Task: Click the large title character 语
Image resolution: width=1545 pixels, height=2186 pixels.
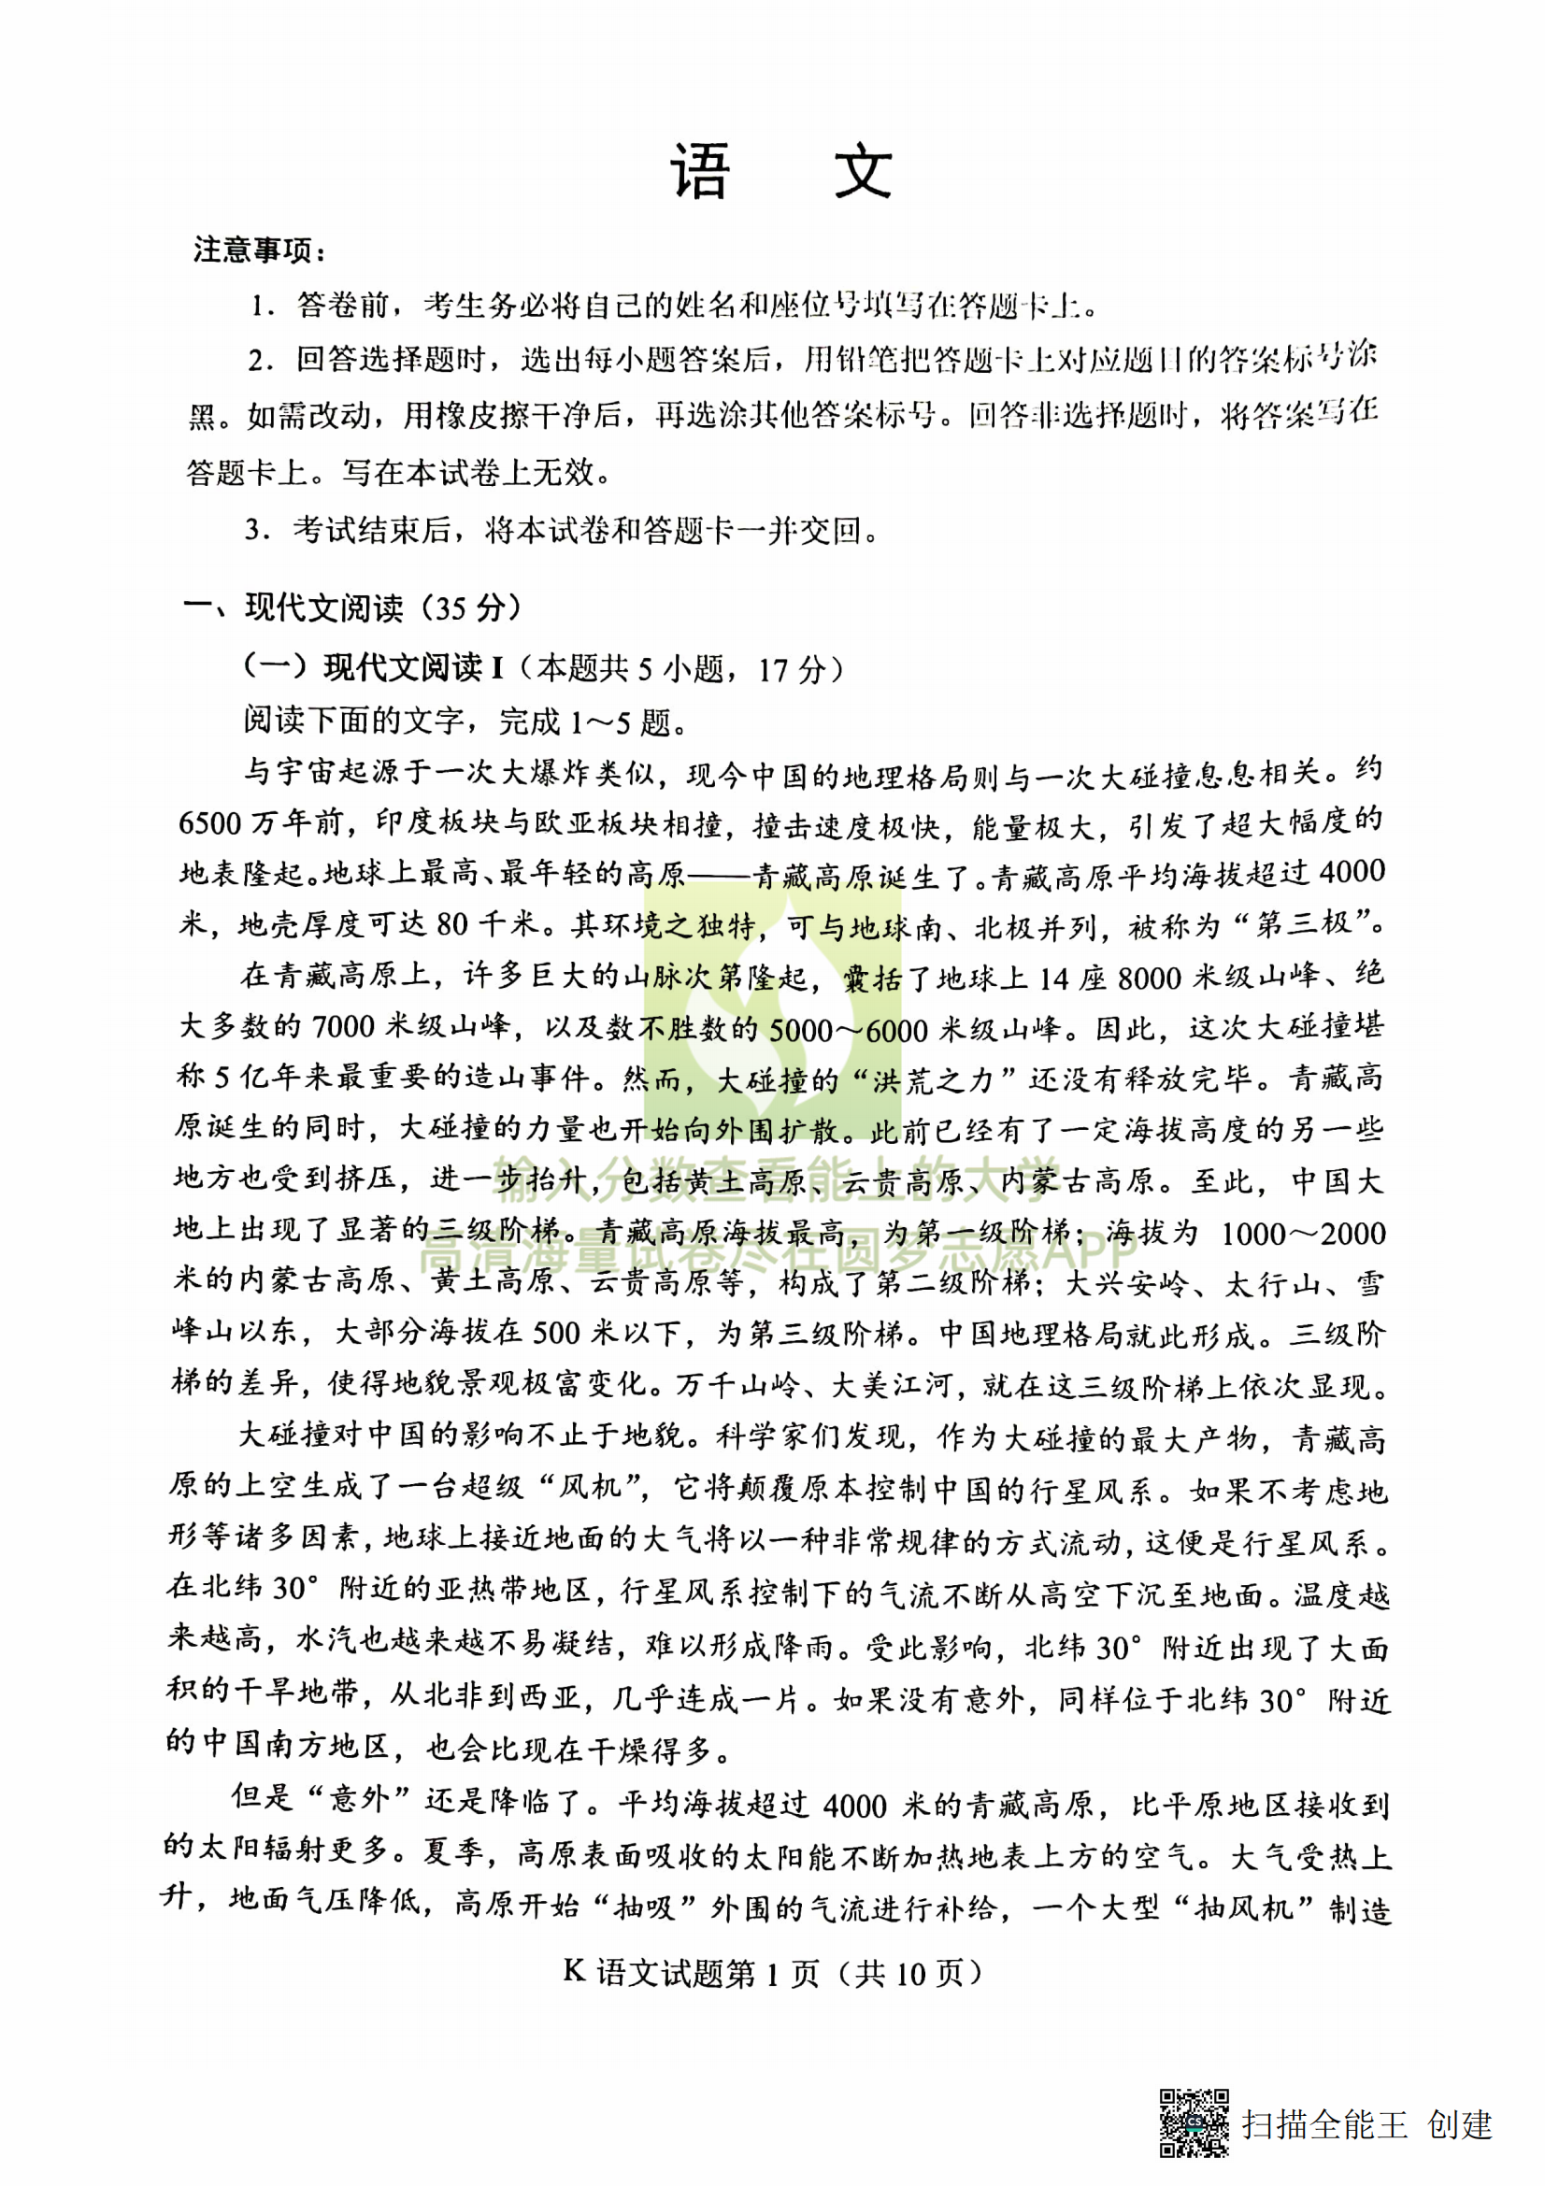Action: click(701, 173)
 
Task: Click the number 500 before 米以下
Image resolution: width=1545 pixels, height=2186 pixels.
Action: click(555, 1333)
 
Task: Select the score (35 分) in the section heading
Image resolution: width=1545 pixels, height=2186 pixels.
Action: click(471, 607)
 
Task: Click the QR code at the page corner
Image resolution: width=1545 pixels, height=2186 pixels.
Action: click(1194, 2123)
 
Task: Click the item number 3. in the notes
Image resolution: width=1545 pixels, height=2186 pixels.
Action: click(257, 529)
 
